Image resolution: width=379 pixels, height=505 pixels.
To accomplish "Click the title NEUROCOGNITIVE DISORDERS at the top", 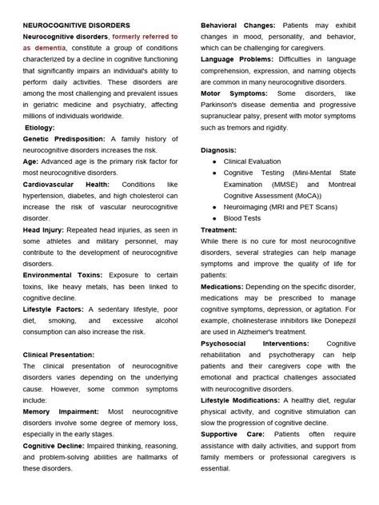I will pyautogui.click(x=77, y=26).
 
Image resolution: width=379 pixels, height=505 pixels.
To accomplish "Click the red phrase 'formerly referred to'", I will pyautogui.click(x=145, y=37).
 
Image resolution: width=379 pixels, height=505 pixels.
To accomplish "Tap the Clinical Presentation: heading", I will pyautogui.click(x=70, y=354).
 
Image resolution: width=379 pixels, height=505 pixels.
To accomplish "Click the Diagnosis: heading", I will pyautogui.click(x=218, y=149).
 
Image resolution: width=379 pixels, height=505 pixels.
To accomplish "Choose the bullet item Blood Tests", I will pyautogui.click(x=241, y=217).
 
